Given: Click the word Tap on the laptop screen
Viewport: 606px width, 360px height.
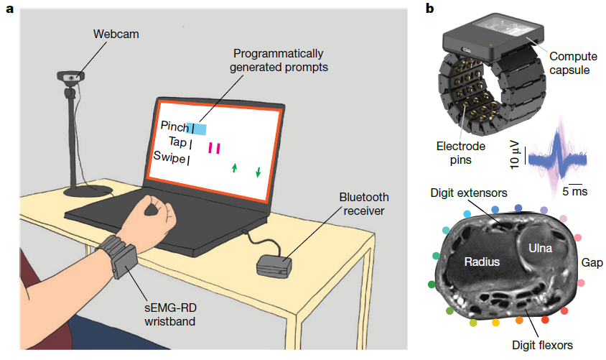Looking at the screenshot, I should click(177, 142).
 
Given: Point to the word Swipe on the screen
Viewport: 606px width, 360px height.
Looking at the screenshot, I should click(169, 157).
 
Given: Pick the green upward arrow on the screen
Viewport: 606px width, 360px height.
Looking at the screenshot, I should click(234, 168).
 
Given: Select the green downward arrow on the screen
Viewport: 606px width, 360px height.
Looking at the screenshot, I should click(258, 172).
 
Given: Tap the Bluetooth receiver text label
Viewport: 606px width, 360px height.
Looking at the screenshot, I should click(363, 204).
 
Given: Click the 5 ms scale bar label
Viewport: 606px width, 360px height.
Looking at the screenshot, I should click(574, 191).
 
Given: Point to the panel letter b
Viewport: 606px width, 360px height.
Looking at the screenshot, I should click(429, 9).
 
